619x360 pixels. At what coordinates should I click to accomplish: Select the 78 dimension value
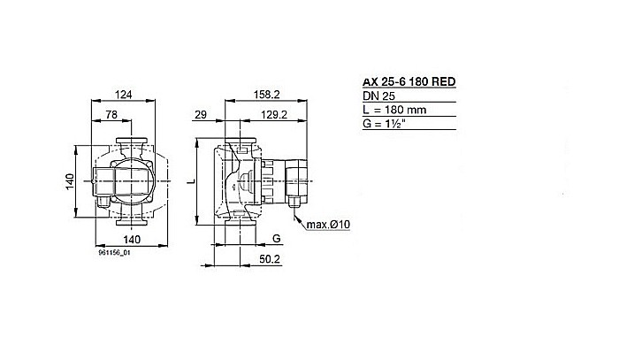[x=113, y=115]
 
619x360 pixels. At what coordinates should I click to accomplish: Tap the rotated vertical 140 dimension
[x=67, y=180]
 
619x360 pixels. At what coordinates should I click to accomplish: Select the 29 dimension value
[x=200, y=115]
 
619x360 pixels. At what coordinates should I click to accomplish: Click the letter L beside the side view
[x=194, y=180]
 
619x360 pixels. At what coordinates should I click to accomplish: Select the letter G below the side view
[x=276, y=239]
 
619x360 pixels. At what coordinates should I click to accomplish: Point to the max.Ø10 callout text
[x=332, y=225]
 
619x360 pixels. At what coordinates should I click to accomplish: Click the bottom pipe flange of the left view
[x=130, y=224]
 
